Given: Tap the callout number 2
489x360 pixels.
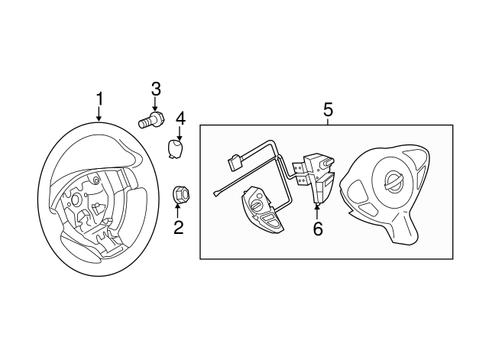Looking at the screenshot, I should click(x=178, y=226).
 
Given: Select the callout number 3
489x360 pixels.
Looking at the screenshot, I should click(x=155, y=89).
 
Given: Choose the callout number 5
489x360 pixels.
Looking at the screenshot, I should click(x=328, y=109).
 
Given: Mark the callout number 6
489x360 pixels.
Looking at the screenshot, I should click(x=318, y=228).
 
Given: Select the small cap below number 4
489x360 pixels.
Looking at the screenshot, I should click(x=177, y=146).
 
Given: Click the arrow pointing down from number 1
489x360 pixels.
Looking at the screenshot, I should click(x=99, y=114).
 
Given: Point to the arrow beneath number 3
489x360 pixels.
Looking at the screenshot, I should click(x=155, y=104).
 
